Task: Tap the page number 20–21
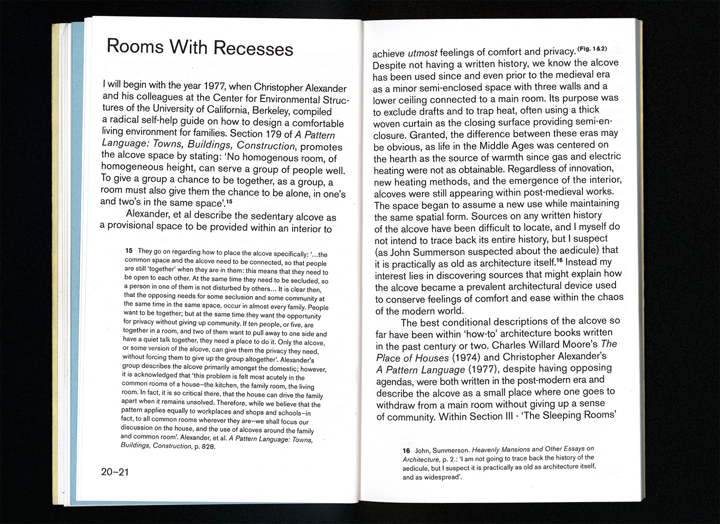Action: click(115, 472)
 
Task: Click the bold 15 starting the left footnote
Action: click(129, 251)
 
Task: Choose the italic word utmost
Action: click(422, 53)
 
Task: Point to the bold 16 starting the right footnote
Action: click(406, 450)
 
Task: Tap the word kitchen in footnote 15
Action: click(226, 386)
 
